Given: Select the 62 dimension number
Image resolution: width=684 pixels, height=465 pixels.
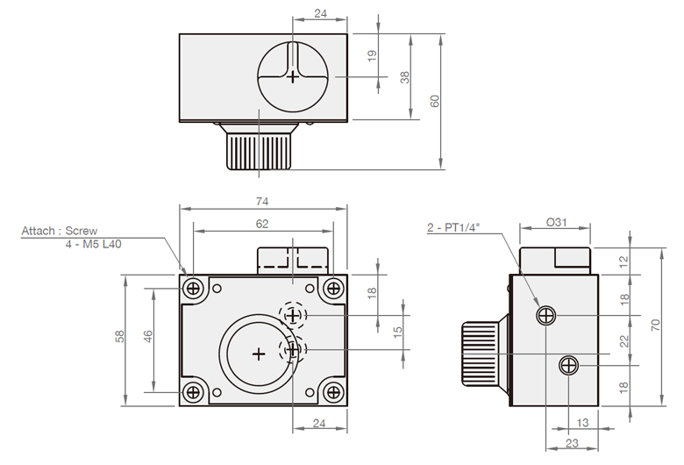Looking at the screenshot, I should [262, 224].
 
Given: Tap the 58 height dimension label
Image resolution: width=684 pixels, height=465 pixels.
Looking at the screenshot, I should [120, 337].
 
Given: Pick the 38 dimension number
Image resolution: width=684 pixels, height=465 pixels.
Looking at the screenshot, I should [405, 77].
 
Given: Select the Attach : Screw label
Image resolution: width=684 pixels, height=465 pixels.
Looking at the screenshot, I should [53, 232].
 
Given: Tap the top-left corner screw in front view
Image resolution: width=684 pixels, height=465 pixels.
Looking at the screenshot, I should [195, 288].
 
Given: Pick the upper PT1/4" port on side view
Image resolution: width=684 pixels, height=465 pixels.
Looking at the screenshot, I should [546, 315].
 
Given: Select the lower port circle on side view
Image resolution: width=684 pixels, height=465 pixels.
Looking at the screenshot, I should [569, 364].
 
